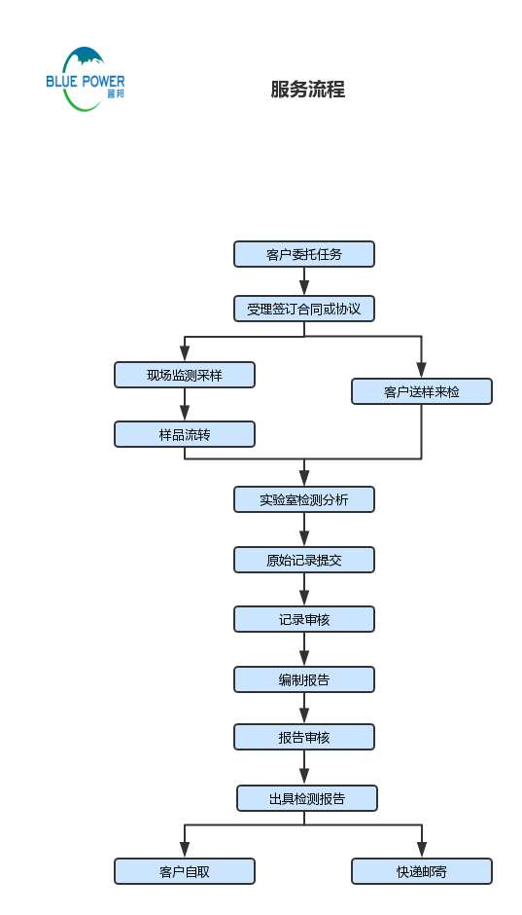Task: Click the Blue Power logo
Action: click(x=85, y=79)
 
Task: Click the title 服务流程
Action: click(x=307, y=90)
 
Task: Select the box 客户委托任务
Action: click(x=304, y=254)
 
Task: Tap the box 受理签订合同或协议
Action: click(x=304, y=309)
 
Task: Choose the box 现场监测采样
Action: click(x=185, y=375)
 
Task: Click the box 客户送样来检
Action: click(x=422, y=391)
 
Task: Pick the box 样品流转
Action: click(x=185, y=434)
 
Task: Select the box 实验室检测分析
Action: click(x=304, y=499)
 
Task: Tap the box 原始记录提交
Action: click(x=304, y=560)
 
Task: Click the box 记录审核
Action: click(x=304, y=619)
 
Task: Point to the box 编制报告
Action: click(x=304, y=679)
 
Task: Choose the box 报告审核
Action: click(x=304, y=737)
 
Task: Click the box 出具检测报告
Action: click(x=306, y=798)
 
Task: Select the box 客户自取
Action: click(x=185, y=871)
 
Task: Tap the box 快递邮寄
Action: click(x=422, y=871)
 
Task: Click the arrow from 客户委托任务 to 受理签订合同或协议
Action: click(x=304, y=281)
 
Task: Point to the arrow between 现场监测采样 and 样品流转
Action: click(x=185, y=405)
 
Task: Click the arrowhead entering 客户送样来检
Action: click(x=422, y=371)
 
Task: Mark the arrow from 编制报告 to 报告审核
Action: click(x=304, y=709)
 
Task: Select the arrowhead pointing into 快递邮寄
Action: click(x=422, y=851)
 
